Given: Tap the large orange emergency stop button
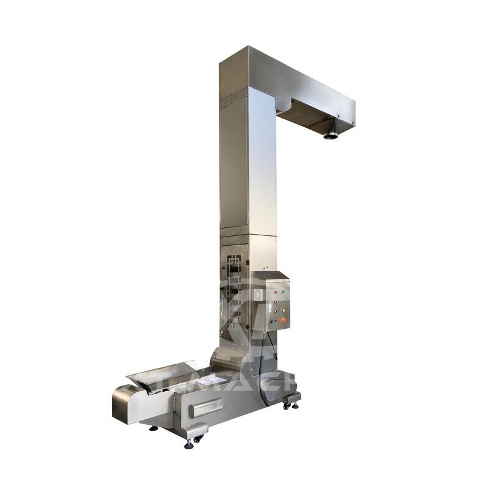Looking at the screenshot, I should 284,320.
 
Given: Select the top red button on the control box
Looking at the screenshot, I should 276,292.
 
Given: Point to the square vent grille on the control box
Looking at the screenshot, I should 258,295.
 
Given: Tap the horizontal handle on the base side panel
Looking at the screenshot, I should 206,407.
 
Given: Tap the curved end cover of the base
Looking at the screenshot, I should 122,403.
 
